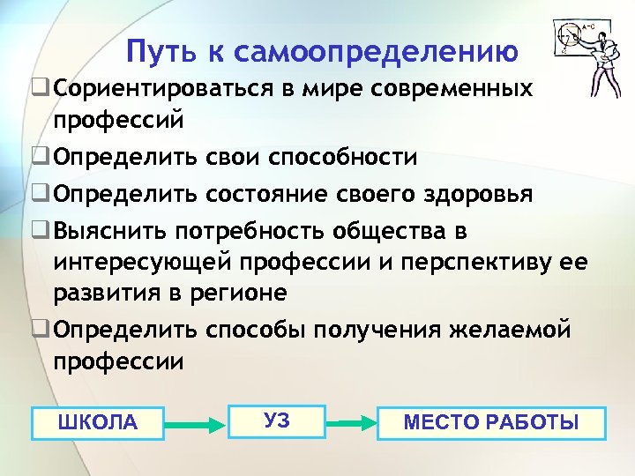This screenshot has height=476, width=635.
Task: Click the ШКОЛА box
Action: pos(97,423)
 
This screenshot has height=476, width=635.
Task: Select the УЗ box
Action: pos(276,420)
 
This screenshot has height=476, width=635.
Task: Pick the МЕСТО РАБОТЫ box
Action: pos(491,422)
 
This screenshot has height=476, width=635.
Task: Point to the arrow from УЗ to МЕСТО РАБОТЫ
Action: pos(350,424)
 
